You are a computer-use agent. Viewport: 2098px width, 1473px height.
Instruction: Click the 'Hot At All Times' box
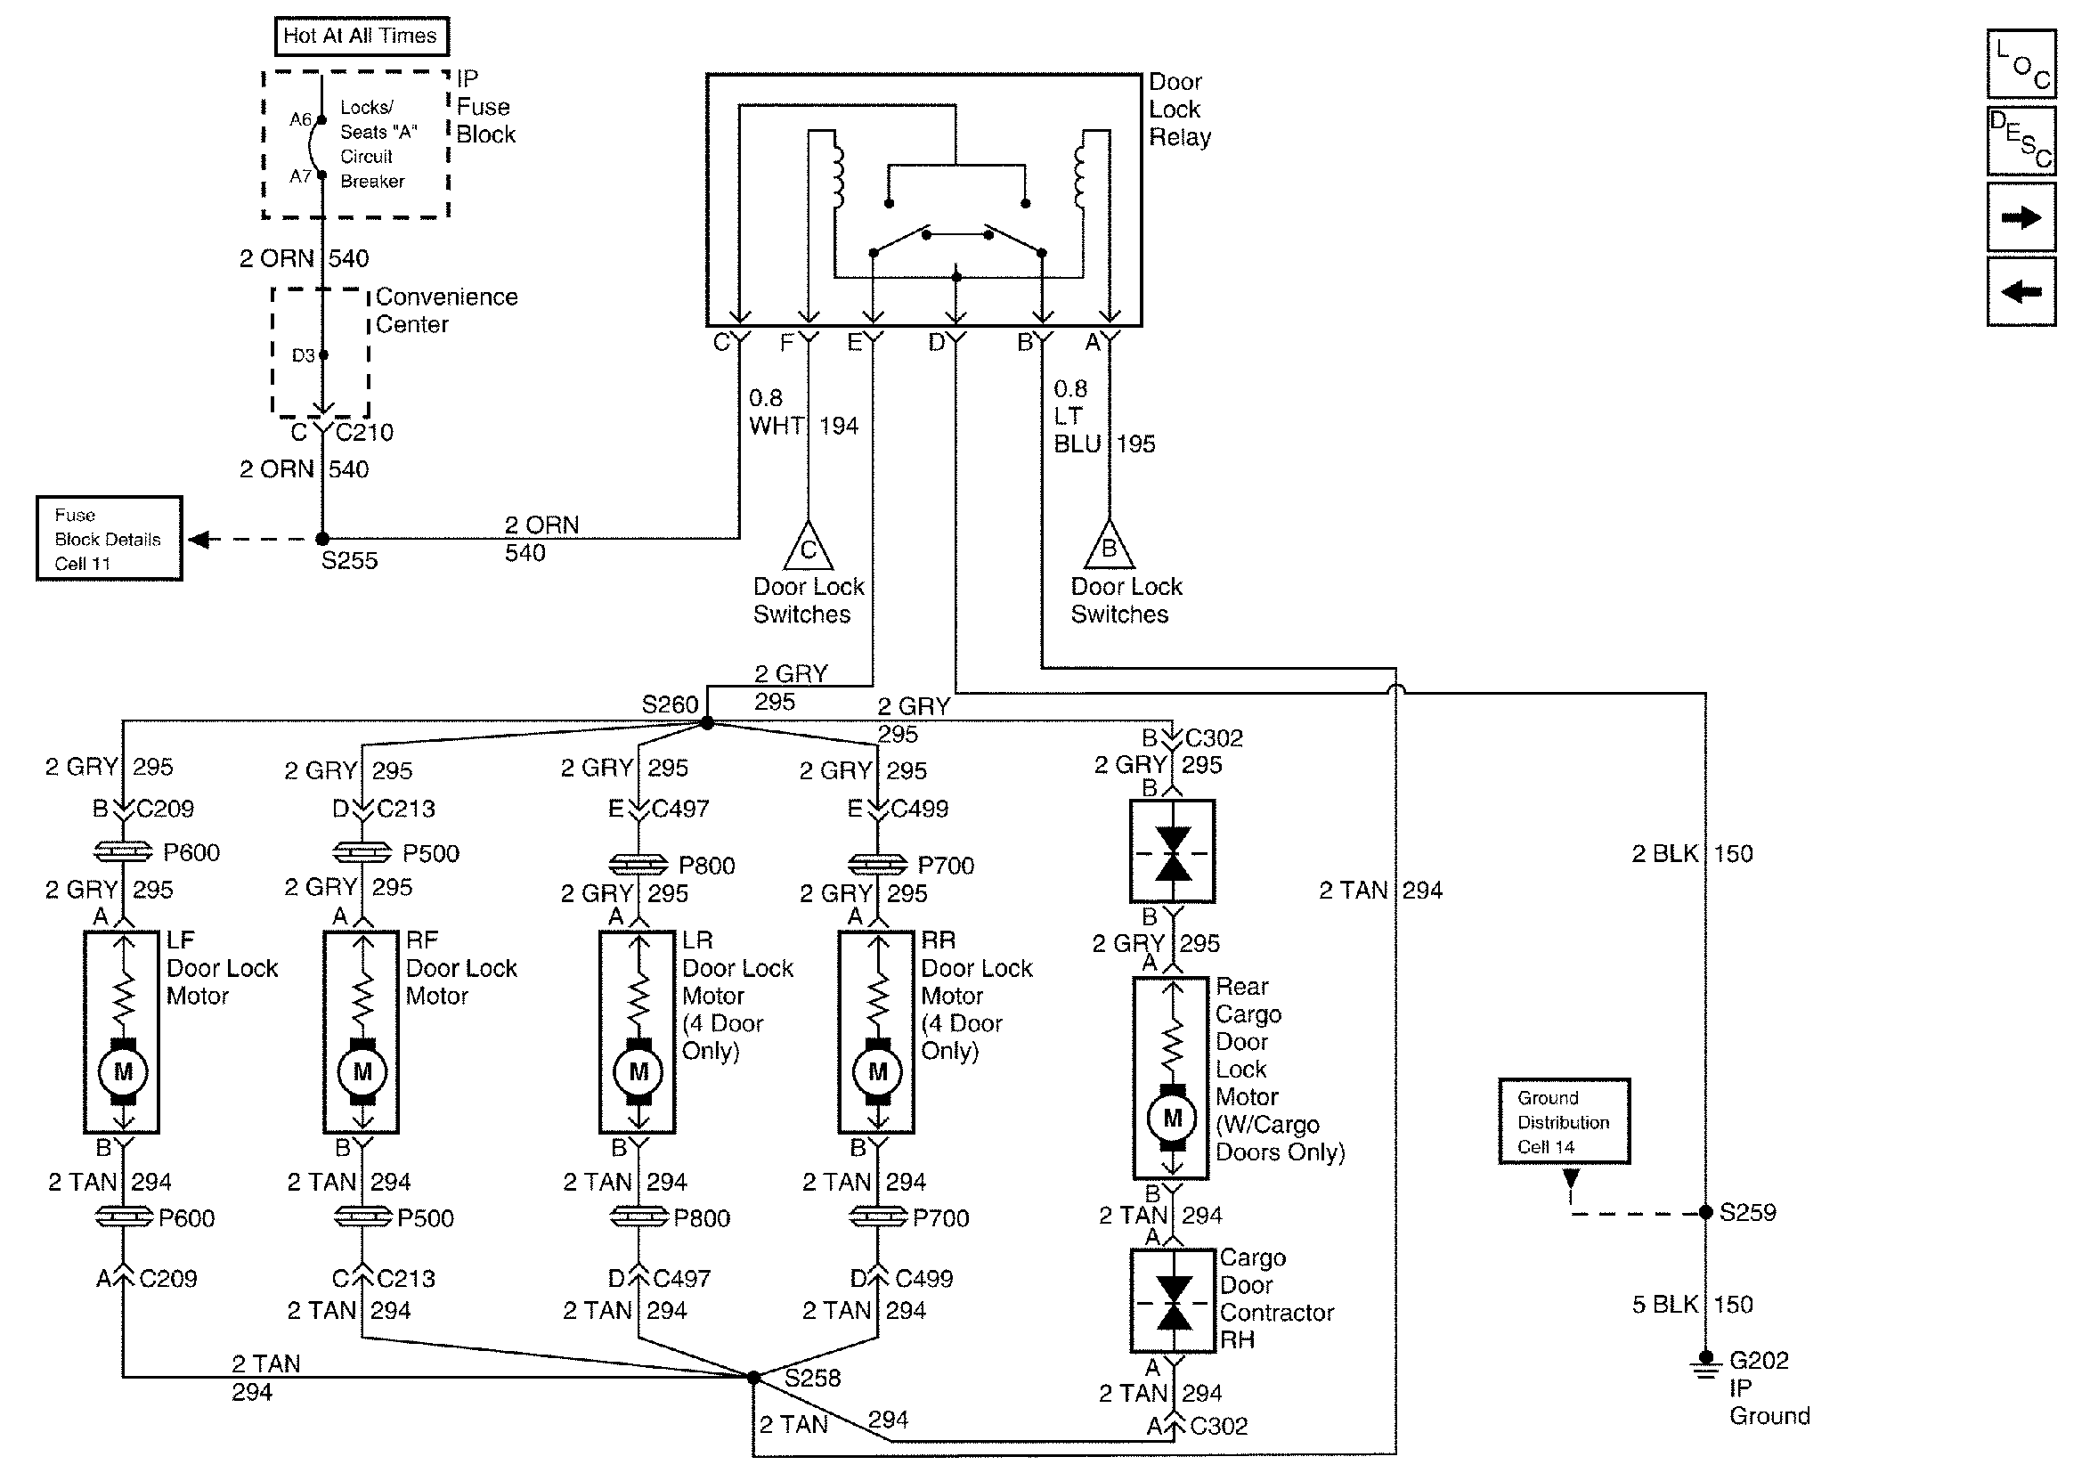pos(361,37)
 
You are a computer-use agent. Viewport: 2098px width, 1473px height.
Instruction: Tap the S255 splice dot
pos(322,539)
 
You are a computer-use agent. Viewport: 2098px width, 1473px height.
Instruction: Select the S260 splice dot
pos(706,723)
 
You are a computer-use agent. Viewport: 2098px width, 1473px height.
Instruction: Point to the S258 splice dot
pos(753,1377)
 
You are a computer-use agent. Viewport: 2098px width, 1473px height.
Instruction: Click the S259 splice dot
pos(1705,1213)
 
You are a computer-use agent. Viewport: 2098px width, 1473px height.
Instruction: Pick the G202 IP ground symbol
pos(1705,1368)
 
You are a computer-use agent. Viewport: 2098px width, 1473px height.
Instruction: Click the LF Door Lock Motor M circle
pos(123,1071)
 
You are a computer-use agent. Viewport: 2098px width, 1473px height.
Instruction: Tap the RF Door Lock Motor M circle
pos(362,1071)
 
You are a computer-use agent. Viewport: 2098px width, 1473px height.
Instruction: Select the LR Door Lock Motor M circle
pos(638,1071)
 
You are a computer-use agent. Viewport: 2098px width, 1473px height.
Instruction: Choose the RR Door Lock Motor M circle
pos(877,1071)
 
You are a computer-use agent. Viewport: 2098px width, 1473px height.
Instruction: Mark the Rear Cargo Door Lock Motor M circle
pos(1173,1117)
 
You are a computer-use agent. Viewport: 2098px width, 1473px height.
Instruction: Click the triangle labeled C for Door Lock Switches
pos(808,549)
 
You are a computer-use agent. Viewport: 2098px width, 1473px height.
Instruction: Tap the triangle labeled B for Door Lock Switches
pos(1109,548)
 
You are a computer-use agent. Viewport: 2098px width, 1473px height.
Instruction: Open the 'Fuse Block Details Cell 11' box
pos(109,538)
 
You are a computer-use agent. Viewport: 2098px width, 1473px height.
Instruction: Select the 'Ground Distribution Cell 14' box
pos(1564,1121)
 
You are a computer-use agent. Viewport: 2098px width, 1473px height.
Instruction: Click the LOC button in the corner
pos(2021,63)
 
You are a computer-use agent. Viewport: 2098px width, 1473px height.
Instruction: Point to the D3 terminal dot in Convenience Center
pos(323,354)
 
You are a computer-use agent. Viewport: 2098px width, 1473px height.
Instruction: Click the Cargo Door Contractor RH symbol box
pos(1173,1301)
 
